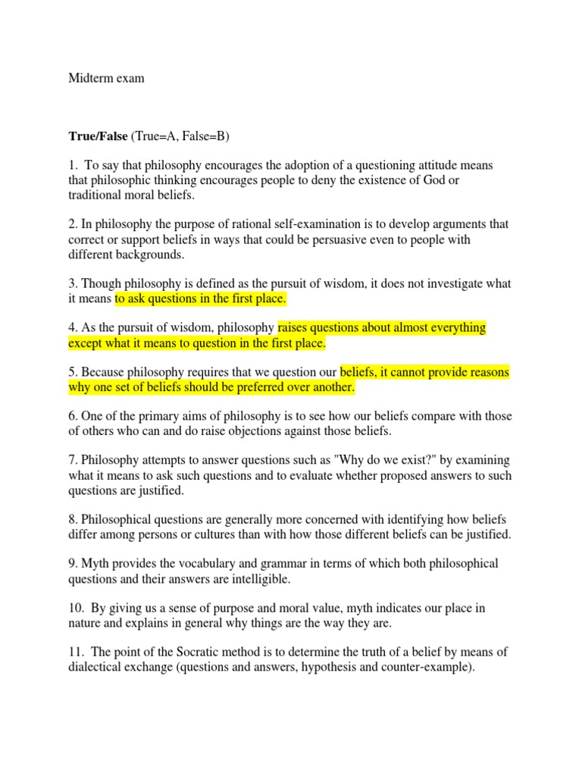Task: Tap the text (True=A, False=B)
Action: (181, 136)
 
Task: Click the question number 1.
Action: (72, 166)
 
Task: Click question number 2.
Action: (72, 225)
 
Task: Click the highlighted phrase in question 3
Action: (201, 299)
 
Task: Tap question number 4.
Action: (72, 328)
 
